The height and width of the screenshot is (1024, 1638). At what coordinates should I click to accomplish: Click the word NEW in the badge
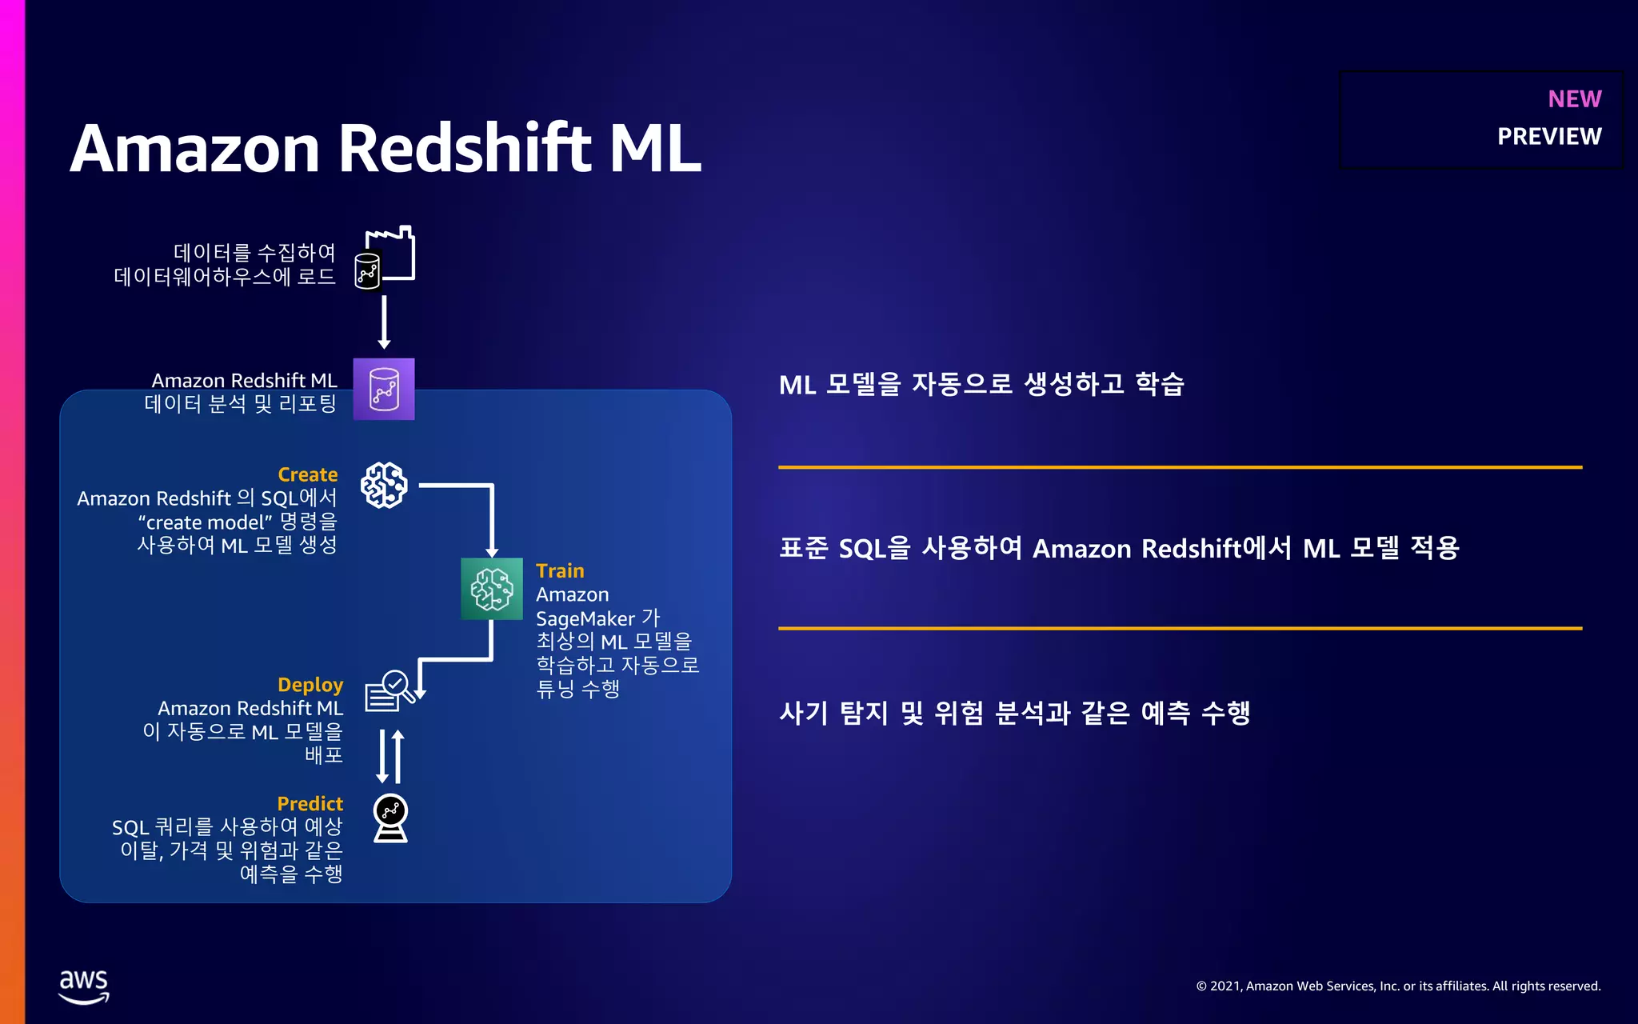(1574, 98)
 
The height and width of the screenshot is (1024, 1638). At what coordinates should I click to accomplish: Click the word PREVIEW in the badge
(1548, 137)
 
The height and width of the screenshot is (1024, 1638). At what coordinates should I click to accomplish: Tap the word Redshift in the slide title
(465, 149)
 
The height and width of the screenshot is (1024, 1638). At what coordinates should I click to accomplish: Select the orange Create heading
(307, 474)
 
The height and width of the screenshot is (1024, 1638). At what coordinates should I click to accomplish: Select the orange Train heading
(560, 570)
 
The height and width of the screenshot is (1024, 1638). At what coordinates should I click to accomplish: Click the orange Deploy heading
(310, 685)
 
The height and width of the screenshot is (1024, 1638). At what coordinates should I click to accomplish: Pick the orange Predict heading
(310, 803)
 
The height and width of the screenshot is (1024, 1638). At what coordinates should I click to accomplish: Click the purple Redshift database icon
(384, 389)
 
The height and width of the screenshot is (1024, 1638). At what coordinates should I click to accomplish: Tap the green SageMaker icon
(491, 589)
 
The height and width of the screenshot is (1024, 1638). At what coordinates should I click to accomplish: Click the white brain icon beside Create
(384, 485)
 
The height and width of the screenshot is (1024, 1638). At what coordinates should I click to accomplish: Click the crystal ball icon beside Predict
(390, 818)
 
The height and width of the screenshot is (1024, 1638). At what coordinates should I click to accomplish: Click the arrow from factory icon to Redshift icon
(384, 321)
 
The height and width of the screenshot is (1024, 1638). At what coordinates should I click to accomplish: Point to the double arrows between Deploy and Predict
(390, 756)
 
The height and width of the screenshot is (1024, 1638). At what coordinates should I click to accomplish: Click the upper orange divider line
(1180, 466)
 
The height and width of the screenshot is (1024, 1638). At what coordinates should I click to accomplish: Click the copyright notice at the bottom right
(1397, 986)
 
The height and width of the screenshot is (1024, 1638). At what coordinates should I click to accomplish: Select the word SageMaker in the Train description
(585, 618)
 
